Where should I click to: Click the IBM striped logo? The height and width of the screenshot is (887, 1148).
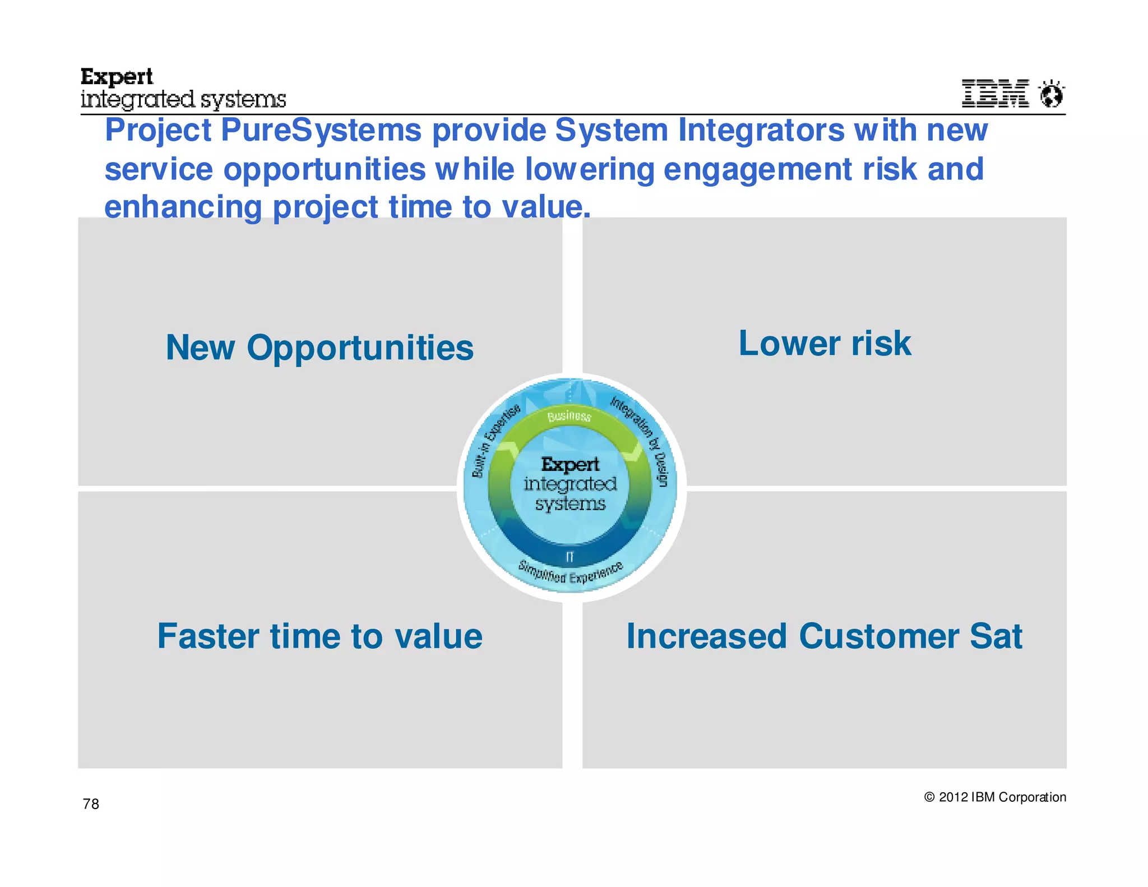tap(995, 93)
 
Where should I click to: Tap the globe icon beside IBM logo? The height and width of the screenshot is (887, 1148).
tap(1051, 94)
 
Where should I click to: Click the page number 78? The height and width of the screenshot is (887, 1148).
tap(91, 804)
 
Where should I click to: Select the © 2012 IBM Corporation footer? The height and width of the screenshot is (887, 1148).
tap(995, 797)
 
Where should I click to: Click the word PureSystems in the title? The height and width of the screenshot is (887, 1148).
tap(321, 130)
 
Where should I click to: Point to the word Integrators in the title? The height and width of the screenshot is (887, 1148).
tap(761, 130)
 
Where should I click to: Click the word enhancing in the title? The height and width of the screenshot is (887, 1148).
tap(183, 207)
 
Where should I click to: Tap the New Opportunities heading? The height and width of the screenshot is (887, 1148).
tap(320, 348)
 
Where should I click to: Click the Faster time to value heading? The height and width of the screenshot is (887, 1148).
tap(320, 636)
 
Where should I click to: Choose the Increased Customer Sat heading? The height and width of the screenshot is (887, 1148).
tap(824, 636)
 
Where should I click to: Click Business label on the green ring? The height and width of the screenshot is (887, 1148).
tap(570, 416)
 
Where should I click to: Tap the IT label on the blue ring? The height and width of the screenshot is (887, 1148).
tap(570, 557)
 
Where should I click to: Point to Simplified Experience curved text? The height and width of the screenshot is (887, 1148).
tap(570, 574)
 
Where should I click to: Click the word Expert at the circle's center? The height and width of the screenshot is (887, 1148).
tap(570, 464)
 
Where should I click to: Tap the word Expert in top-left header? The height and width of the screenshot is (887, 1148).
tap(117, 77)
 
